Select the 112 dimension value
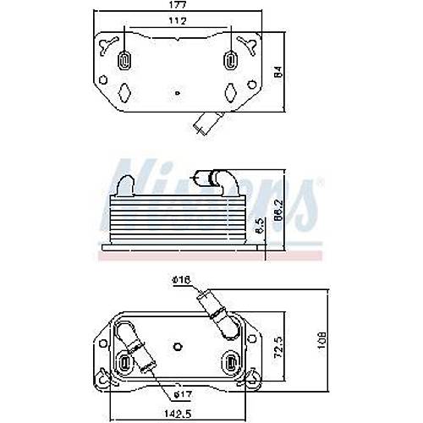[177, 22]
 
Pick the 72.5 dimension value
[289, 346]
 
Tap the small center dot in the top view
[177, 93]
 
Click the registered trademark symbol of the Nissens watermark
[318, 184]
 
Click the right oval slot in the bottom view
[233, 363]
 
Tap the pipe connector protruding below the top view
[206, 124]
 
